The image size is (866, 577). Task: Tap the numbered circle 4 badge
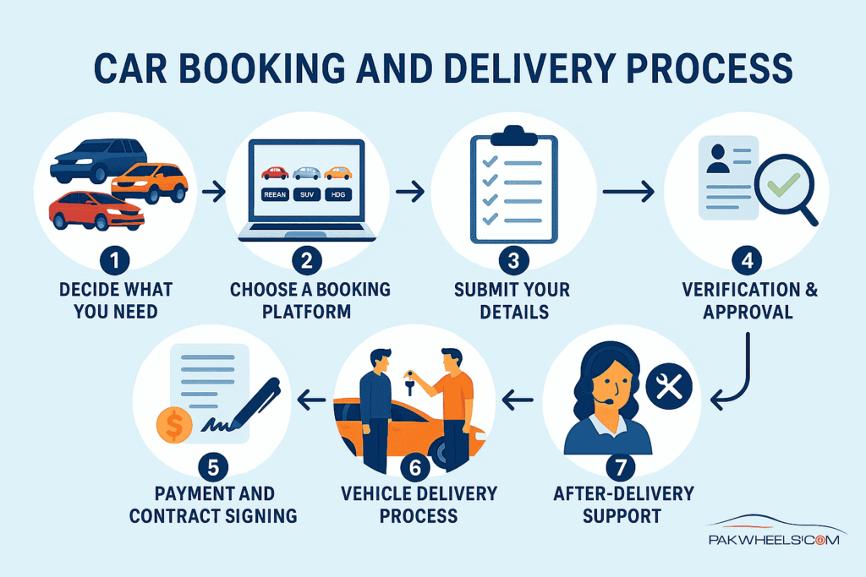746,259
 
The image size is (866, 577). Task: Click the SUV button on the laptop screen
306,194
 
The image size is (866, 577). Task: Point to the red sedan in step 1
96,210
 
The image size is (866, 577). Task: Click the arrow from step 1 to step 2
215,193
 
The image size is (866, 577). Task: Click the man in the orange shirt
452,406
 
